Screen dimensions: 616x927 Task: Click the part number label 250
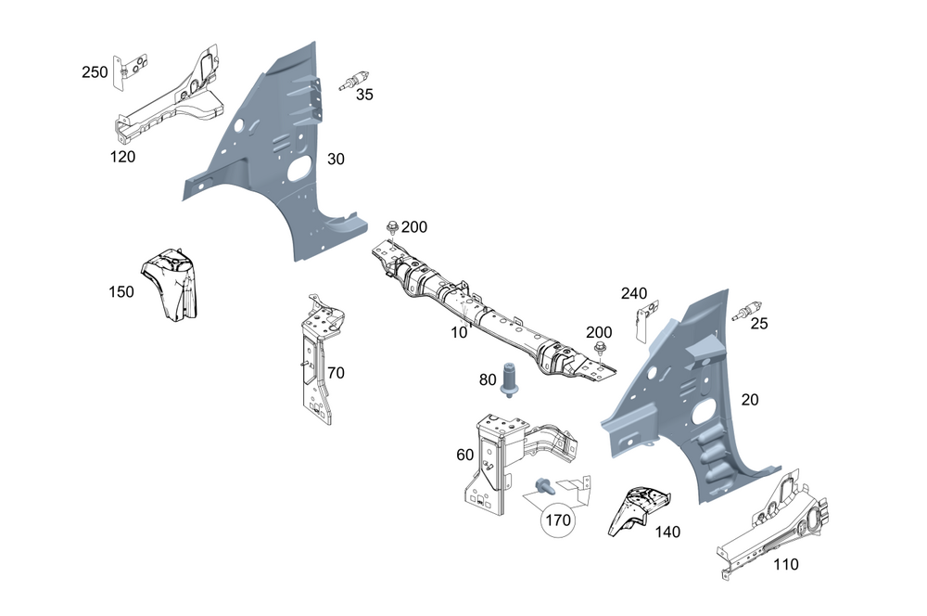(95, 72)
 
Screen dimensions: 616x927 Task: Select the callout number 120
(122, 157)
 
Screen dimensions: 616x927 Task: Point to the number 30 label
(336, 160)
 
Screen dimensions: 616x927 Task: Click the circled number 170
(557, 520)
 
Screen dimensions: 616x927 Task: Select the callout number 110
(785, 564)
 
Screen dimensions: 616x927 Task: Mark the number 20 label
(751, 400)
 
